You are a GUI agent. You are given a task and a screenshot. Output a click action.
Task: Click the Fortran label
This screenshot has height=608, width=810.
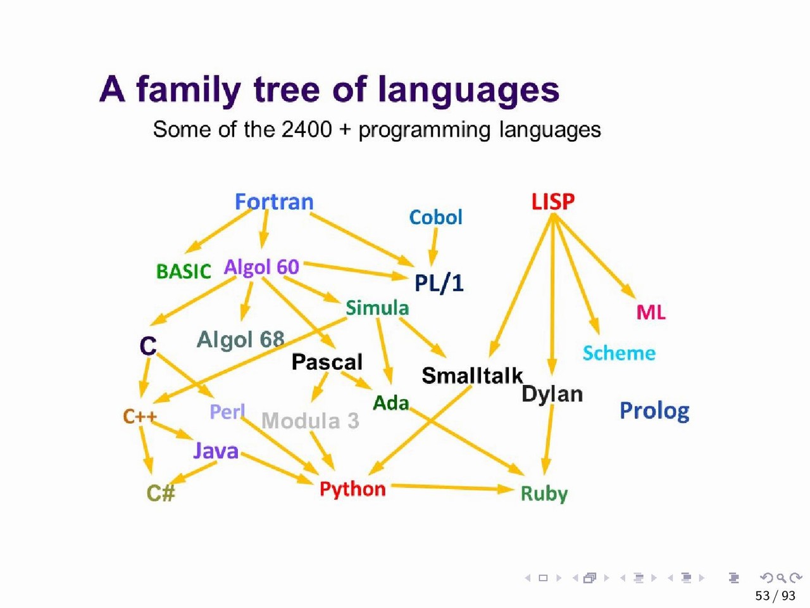coord(274,202)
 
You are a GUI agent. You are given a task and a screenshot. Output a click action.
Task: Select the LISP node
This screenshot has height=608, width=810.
coord(553,201)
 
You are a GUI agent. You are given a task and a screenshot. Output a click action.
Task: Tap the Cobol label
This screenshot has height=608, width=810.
coord(435,217)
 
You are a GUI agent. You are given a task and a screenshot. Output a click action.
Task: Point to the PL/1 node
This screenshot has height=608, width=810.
coord(439,284)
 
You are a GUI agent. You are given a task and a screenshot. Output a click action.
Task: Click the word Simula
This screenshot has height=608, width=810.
coord(377,308)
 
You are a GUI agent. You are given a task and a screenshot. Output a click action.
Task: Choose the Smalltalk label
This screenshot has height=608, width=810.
coord(472,376)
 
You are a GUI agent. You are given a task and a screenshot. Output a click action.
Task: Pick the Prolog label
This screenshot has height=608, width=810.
coord(654,411)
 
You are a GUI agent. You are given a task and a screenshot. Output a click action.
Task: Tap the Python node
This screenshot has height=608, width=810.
coord(352,490)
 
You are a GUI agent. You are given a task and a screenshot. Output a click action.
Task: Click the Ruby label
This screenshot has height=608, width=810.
coord(544,494)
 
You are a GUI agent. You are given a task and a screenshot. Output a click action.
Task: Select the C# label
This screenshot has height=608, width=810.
coord(161,493)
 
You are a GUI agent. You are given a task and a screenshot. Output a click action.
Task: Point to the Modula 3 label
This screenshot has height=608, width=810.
coord(310,421)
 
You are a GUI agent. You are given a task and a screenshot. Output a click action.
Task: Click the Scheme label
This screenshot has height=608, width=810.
coord(620,353)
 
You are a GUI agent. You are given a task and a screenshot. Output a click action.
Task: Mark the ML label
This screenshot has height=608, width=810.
coord(651,312)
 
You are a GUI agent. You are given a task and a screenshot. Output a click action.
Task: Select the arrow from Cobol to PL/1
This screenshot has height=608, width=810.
coord(433,247)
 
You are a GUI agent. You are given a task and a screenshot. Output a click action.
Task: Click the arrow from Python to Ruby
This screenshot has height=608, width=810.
coord(452,488)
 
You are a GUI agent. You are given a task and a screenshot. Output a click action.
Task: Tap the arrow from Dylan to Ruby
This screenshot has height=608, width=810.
coord(548,440)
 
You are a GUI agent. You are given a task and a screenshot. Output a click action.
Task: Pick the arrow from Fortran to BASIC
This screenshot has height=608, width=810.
coord(219,231)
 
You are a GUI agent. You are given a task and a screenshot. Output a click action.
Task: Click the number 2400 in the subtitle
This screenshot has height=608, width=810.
coord(306,130)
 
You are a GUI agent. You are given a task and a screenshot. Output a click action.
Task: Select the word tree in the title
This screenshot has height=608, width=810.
coord(287,90)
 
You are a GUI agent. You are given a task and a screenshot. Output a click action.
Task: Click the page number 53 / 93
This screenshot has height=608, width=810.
coord(775,595)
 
